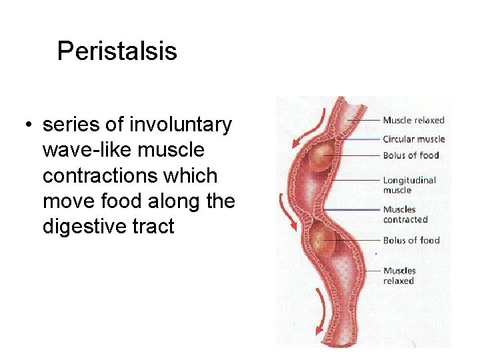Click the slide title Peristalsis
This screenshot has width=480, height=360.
click(117, 51)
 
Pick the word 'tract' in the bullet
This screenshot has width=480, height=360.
click(155, 227)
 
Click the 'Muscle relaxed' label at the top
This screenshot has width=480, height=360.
click(413, 120)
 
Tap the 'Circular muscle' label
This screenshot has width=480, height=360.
click(413, 139)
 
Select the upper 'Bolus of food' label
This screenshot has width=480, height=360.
click(411, 155)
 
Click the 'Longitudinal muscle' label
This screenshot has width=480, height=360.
click(409, 185)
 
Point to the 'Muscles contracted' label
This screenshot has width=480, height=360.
click(405, 214)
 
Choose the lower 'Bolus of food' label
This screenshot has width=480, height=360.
click(411, 240)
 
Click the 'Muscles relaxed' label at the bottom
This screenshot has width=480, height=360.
click(399, 275)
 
